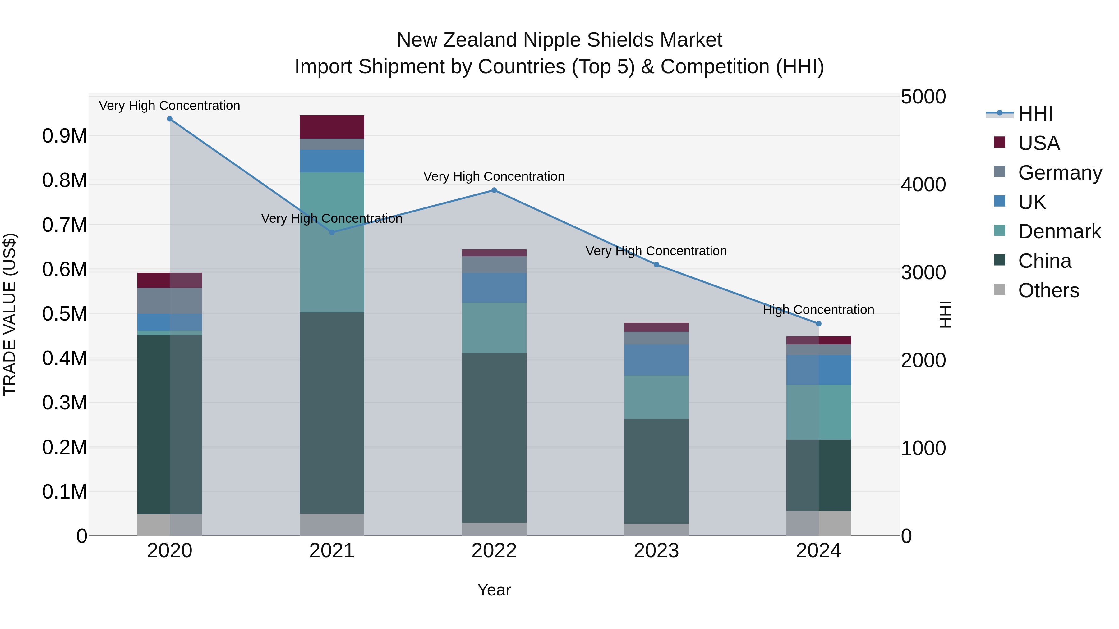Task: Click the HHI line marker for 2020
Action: point(170,119)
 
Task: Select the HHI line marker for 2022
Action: point(494,190)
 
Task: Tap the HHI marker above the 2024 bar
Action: point(818,324)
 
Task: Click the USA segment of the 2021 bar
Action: point(332,127)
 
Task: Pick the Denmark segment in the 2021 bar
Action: point(332,242)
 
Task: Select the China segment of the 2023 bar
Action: point(656,471)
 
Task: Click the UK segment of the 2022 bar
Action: point(494,288)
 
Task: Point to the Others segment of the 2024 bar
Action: point(818,523)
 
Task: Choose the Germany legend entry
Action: point(1060,173)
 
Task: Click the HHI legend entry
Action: point(1035,114)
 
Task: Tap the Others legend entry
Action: point(1048,290)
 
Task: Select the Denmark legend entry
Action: point(1059,231)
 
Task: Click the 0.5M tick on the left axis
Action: point(64,314)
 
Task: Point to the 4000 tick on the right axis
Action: point(923,185)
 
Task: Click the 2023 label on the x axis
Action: point(656,551)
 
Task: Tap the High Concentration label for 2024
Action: point(818,310)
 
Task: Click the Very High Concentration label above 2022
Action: point(494,177)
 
